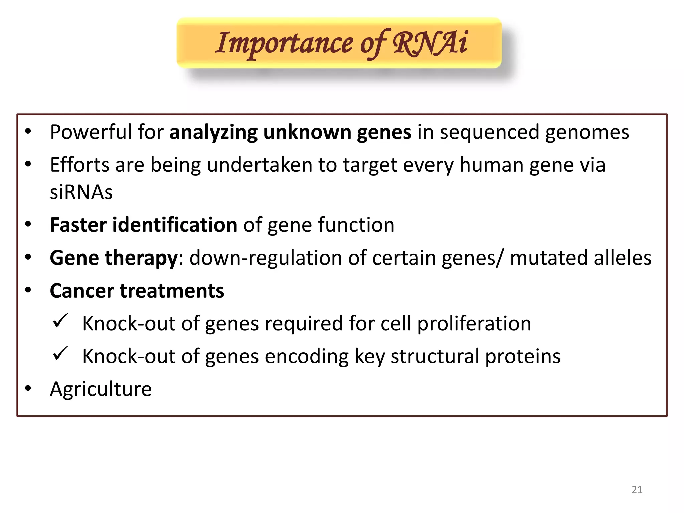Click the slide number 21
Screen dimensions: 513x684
coord(637,490)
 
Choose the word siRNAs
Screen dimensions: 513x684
coord(81,192)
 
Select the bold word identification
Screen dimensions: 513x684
coord(175,225)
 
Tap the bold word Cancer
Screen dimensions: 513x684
coord(82,291)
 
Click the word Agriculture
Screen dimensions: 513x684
coord(101,389)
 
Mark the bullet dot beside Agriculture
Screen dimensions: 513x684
coord(28,388)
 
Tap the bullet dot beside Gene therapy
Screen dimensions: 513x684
coord(28,257)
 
